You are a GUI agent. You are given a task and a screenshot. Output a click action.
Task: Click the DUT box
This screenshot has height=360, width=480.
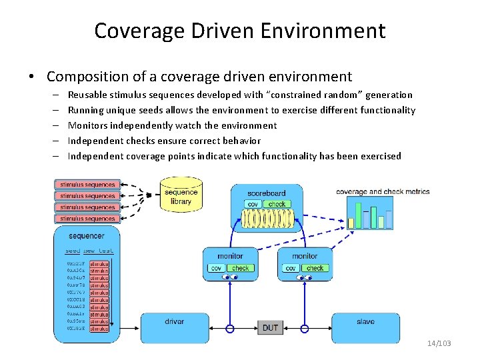270,327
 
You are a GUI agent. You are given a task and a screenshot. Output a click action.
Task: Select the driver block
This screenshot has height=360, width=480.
175,323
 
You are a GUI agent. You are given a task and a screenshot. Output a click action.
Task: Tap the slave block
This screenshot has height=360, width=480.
365,323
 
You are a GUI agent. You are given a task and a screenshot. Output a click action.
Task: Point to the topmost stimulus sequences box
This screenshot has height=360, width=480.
87,185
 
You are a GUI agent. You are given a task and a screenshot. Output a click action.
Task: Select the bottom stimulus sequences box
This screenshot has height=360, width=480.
87,219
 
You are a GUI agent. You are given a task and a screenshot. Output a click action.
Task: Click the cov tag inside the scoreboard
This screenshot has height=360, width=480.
253,204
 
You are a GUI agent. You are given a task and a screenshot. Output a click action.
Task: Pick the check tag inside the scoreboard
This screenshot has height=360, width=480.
277,204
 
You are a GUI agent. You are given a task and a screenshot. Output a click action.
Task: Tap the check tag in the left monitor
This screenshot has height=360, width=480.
241,268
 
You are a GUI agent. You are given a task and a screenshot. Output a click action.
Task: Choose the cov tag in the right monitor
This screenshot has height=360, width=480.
291,268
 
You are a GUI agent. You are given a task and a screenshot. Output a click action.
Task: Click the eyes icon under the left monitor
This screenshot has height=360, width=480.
230,277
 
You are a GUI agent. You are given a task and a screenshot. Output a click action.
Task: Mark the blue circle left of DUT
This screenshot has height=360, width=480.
231,328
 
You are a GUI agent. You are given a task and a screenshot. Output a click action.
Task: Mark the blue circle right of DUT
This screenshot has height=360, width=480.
305,328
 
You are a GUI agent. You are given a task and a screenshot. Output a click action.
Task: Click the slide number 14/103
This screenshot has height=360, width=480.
439,343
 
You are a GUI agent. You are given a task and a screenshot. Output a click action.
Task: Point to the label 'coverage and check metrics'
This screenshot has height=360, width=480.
383,192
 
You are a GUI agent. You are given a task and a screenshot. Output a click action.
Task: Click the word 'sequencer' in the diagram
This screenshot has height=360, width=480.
87,236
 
